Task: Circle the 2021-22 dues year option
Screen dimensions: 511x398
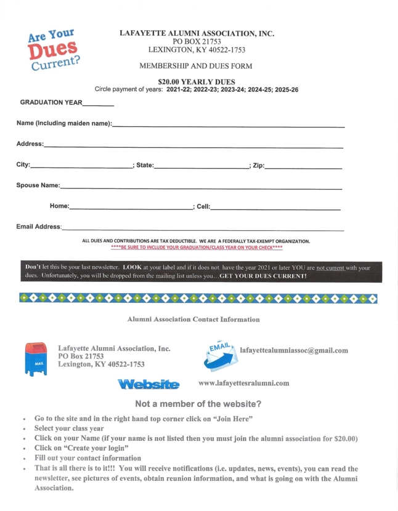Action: [182, 90]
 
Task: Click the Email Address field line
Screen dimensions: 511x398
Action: [203, 229]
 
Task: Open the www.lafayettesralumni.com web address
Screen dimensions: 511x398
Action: [244, 384]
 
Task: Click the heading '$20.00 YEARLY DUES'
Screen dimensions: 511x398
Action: [197, 81]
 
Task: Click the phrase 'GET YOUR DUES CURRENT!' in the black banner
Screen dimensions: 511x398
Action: [267, 276]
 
